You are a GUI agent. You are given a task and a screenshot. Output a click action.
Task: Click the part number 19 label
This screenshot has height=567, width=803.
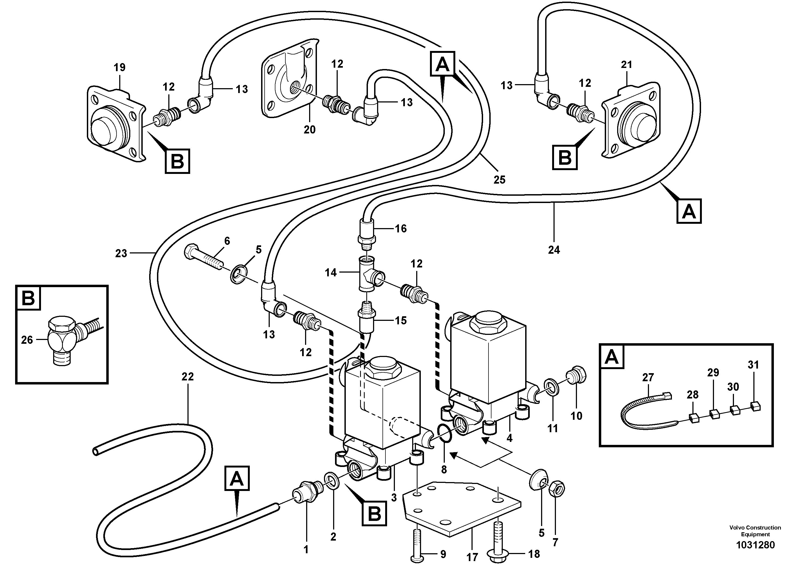[119, 67]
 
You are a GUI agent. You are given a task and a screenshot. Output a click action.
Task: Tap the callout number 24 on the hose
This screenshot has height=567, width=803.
[554, 250]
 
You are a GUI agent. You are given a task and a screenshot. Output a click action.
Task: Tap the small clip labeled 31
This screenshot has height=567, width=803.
[756, 406]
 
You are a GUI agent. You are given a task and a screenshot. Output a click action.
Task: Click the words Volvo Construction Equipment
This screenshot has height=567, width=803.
[755, 531]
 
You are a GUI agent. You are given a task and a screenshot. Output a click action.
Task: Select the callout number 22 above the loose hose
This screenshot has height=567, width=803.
[188, 377]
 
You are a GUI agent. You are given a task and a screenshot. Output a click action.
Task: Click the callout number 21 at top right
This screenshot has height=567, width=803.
[626, 65]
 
